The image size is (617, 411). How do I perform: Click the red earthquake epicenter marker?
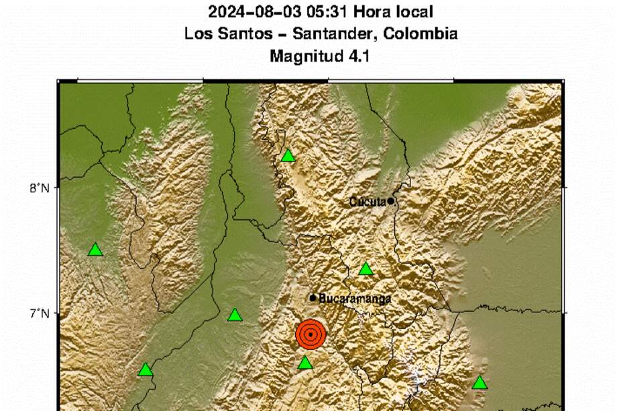[x=311, y=335]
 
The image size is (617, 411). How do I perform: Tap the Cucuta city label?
[x=368, y=201]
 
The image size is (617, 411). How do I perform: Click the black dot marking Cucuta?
[x=390, y=200]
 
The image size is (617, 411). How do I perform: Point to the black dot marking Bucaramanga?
[x=313, y=298]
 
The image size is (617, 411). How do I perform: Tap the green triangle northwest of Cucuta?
[x=288, y=156]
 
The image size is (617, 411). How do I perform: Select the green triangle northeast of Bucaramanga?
[x=366, y=270]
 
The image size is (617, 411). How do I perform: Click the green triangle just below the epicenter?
[x=305, y=363]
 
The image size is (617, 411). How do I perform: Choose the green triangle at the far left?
[x=96, y=250]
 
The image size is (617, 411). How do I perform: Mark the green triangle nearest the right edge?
[x=480, y=383]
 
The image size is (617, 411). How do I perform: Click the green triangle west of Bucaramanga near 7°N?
[x=235, y=315]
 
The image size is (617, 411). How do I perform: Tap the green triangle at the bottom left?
[x=146, y=370]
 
